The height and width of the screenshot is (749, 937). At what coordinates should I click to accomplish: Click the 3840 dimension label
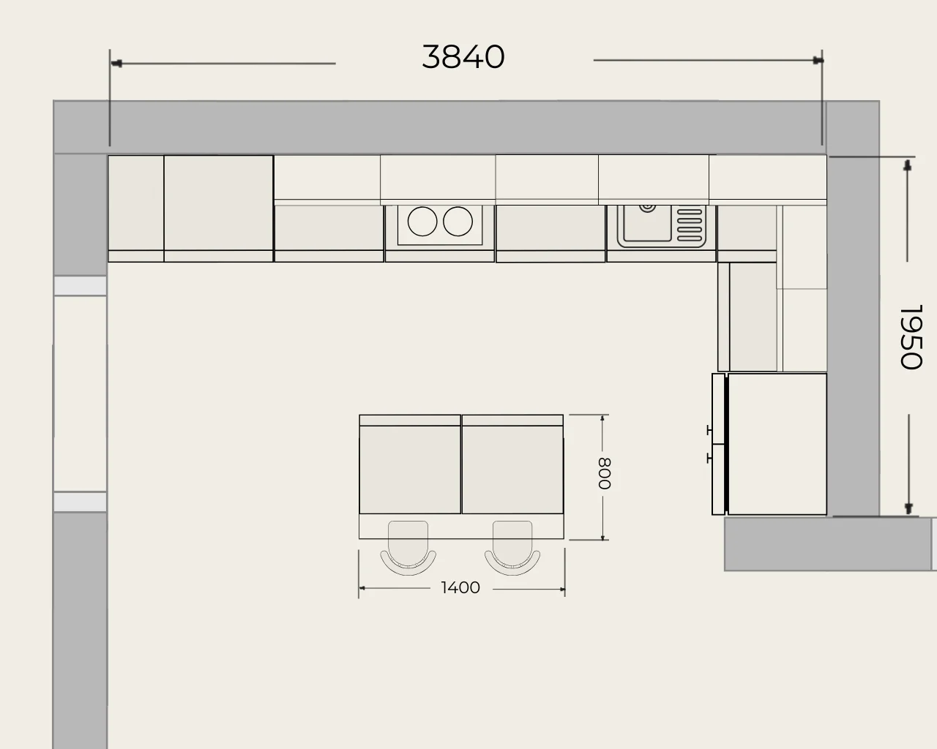(463, 57)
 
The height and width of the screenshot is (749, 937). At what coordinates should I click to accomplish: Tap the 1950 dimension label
(911, 337)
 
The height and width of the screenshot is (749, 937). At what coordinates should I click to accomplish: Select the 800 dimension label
(605, 473)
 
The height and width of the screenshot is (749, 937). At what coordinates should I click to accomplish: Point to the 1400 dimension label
(460, 587)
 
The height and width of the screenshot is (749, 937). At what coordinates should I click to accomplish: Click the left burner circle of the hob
(422, 222)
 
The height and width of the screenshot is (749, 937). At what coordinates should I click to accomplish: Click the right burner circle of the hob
(458, 222)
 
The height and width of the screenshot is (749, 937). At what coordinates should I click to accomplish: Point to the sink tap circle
(647, 208)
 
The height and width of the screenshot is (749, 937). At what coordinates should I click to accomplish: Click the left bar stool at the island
(408, 549)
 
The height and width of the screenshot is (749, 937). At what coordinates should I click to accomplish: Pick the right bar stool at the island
(512, 549)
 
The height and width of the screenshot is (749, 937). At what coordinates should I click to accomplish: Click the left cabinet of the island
(410, 464)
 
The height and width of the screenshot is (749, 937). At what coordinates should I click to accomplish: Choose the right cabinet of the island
(512, 464)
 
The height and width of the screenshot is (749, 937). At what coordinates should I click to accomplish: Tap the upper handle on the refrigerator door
(709, 430)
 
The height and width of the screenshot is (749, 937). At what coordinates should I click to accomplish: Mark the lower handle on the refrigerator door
(709, 458)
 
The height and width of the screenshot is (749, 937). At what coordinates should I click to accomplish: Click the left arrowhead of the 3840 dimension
(116, 64)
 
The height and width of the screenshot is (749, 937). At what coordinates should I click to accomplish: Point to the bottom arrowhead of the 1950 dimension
(908, 508)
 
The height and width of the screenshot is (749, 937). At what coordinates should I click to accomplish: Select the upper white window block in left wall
(80, 286)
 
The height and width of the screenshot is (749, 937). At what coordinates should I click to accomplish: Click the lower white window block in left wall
(80, 502)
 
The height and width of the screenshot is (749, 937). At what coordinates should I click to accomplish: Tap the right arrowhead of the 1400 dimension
(562, 590)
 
